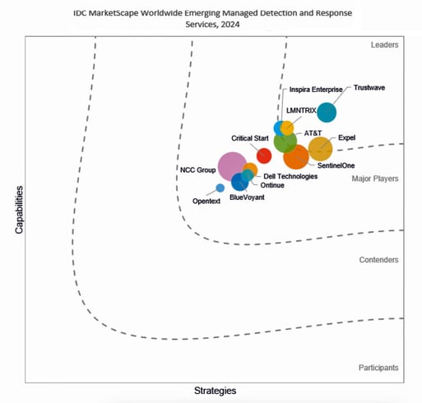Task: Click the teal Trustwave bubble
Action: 327,113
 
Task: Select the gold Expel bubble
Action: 319,148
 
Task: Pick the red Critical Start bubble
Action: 264,155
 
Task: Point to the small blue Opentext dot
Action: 220,188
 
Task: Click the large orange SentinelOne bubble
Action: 296,156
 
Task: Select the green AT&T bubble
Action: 285,141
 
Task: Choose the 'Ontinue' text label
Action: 272,186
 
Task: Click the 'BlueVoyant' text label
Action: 247,197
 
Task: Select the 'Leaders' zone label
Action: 384,44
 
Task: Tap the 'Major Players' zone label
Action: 375,178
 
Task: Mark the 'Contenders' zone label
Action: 379,260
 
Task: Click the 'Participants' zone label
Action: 379,367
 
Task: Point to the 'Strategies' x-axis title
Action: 215,390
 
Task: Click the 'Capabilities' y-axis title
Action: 19,209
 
